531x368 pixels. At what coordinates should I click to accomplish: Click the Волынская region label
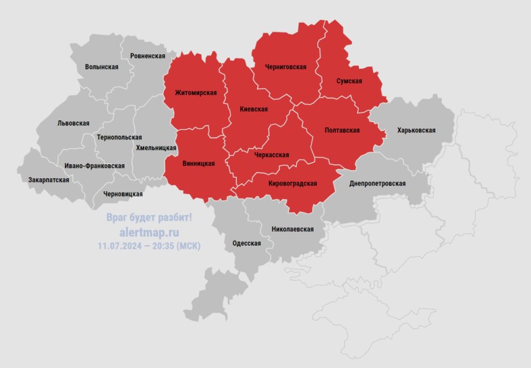click(x=102, y=67)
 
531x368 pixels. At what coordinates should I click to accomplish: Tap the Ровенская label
click(x=148, y=56)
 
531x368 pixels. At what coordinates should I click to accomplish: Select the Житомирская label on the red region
click(x=195, y=93)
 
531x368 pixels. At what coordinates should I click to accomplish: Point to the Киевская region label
click(x=254, y=109)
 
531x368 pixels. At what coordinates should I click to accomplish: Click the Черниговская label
click(x=286, y=67)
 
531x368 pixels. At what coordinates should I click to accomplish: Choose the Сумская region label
click(x=349, y=81)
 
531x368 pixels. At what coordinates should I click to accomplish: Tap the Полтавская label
click(x=342, y=130)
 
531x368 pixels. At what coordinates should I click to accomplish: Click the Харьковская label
click(x=416, y=131)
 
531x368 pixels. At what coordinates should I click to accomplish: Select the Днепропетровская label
click(x=378, y=183)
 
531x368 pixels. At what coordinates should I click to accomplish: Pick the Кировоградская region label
click(x=292, y=183)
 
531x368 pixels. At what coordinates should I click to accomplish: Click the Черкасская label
click(x=272, y=155)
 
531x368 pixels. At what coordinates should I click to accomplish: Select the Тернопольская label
click(x=119, y=137)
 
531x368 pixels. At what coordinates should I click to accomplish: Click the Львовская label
click(x=73, y=123)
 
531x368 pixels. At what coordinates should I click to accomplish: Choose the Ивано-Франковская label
click(x=94, y=166)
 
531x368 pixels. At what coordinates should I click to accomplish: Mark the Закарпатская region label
click(x=49, y=180)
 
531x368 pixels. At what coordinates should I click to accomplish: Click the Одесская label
click(x=247, y=244)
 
